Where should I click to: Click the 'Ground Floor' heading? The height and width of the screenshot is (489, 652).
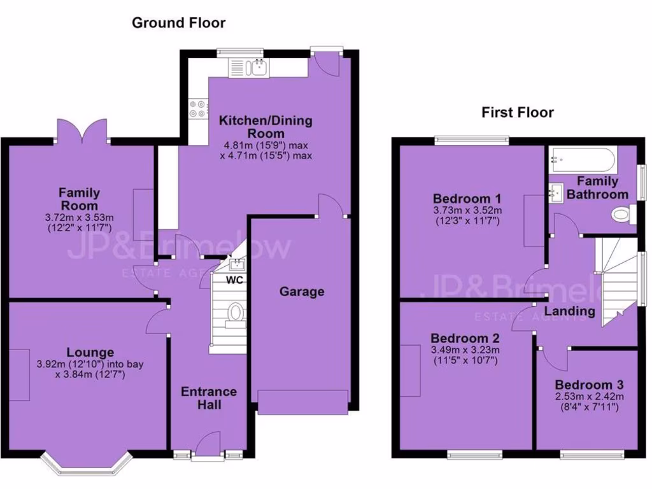(x=178, y=23)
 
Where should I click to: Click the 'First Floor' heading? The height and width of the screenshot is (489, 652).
(x=517, y=113)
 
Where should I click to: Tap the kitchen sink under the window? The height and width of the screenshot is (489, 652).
(x=259, y=67)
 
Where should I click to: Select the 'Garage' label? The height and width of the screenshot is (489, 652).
(x=302, y=292)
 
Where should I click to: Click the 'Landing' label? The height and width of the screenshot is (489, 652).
(x=570, y=311)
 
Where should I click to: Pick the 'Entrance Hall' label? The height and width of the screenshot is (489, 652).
(x=209, y=397)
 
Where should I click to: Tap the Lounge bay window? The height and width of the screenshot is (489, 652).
(x=86, y=465)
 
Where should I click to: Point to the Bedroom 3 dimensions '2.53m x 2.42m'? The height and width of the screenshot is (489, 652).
(x=588, y=397)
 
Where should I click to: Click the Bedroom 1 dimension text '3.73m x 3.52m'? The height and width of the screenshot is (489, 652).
(x=467, y=211)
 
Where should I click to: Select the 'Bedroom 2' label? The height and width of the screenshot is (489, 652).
(x=465, y=338)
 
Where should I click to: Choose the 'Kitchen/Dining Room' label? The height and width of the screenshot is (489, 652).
(x=266, y=127)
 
